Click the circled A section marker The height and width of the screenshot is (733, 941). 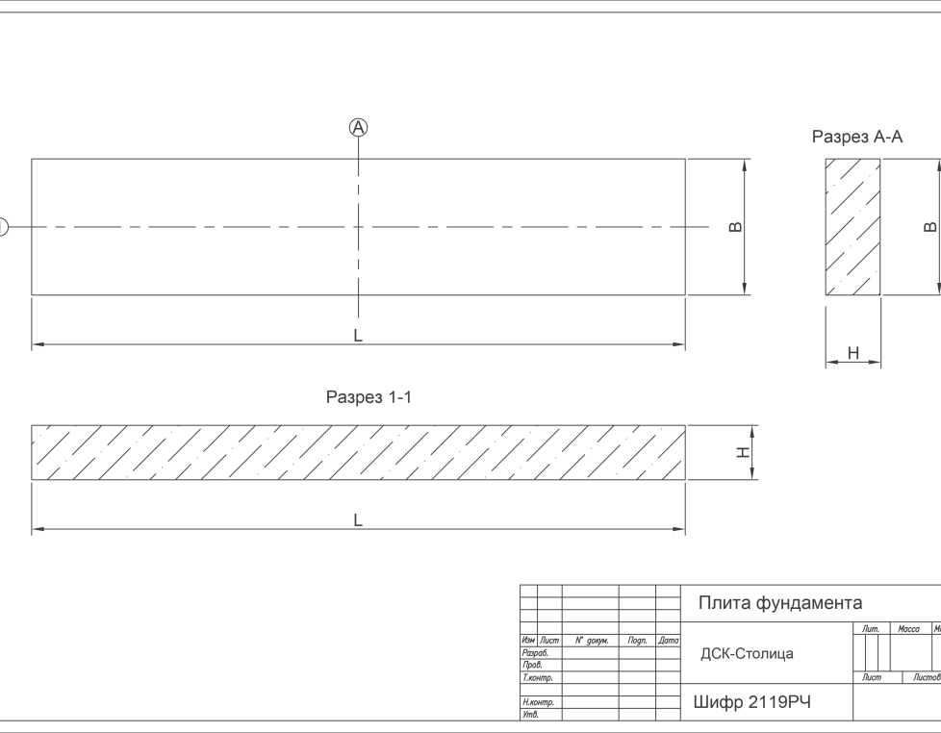coord(358,127)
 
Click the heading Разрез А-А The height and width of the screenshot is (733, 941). coord(857,138)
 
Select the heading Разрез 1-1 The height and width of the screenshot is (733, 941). coord(369,396)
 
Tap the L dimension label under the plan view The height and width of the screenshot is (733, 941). coord(358,336)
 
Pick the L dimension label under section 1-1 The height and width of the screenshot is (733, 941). coord(358,520)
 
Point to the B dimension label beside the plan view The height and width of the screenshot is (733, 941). coord(736,227)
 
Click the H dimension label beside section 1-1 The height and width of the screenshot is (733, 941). coord(743,452)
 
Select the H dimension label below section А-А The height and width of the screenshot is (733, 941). coord(852,354)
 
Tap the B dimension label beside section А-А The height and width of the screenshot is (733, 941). coord(928,227)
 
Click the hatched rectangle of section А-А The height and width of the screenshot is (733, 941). coord(852,227)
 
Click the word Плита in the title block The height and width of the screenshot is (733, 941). coord(725,603)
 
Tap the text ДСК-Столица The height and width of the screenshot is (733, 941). coord(747,654)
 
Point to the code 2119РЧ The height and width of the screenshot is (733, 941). coord(779,702)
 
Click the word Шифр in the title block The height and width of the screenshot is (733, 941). coord(717,702)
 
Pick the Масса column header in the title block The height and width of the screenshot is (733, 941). coord(908,629)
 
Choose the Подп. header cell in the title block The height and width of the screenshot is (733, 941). coord(637,640)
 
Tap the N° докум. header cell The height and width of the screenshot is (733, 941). coord(591,640)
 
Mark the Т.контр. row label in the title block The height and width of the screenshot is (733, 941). coord(534,677)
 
